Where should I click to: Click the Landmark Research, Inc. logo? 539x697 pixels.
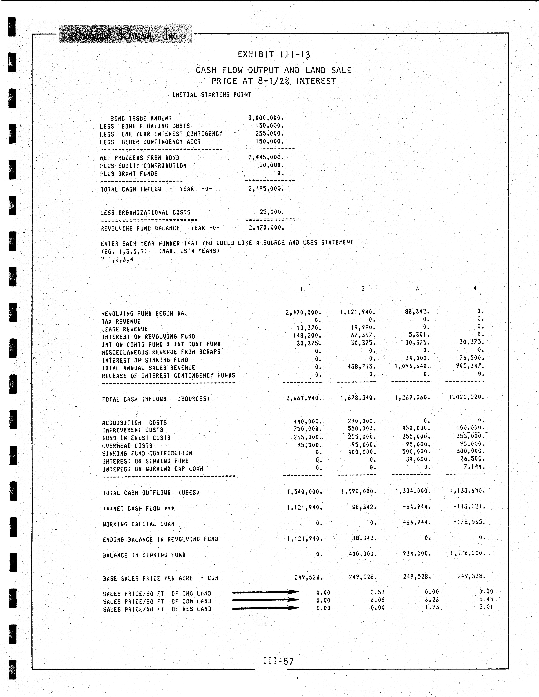(x=125, y=34)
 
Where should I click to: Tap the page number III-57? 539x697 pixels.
(x=278, y=661)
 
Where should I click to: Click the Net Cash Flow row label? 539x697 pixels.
(x=138, y=508)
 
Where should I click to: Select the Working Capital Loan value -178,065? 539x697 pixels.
(x=469, y=522)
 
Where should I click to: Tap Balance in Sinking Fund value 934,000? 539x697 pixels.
(x=417, y=553)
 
